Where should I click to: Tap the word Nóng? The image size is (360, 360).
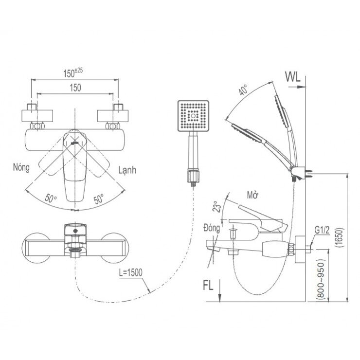pyautogui.click(x=22, y=167)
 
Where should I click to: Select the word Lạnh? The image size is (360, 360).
pyautogui.click(x=127, y=170)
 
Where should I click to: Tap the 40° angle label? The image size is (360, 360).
pyautogui.click(x=243, y=91)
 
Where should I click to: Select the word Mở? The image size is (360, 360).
pyautogui.click(x=252, y=195)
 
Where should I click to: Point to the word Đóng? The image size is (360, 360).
pyautogui.click(x=212, y=228)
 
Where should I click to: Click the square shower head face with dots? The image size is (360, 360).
pyautogui.click(x=193, y=115)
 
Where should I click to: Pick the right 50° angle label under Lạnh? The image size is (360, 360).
pyautogui.click(x=99, y=198)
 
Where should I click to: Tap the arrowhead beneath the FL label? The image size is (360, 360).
pyautogui.click(x=220, y=298)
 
